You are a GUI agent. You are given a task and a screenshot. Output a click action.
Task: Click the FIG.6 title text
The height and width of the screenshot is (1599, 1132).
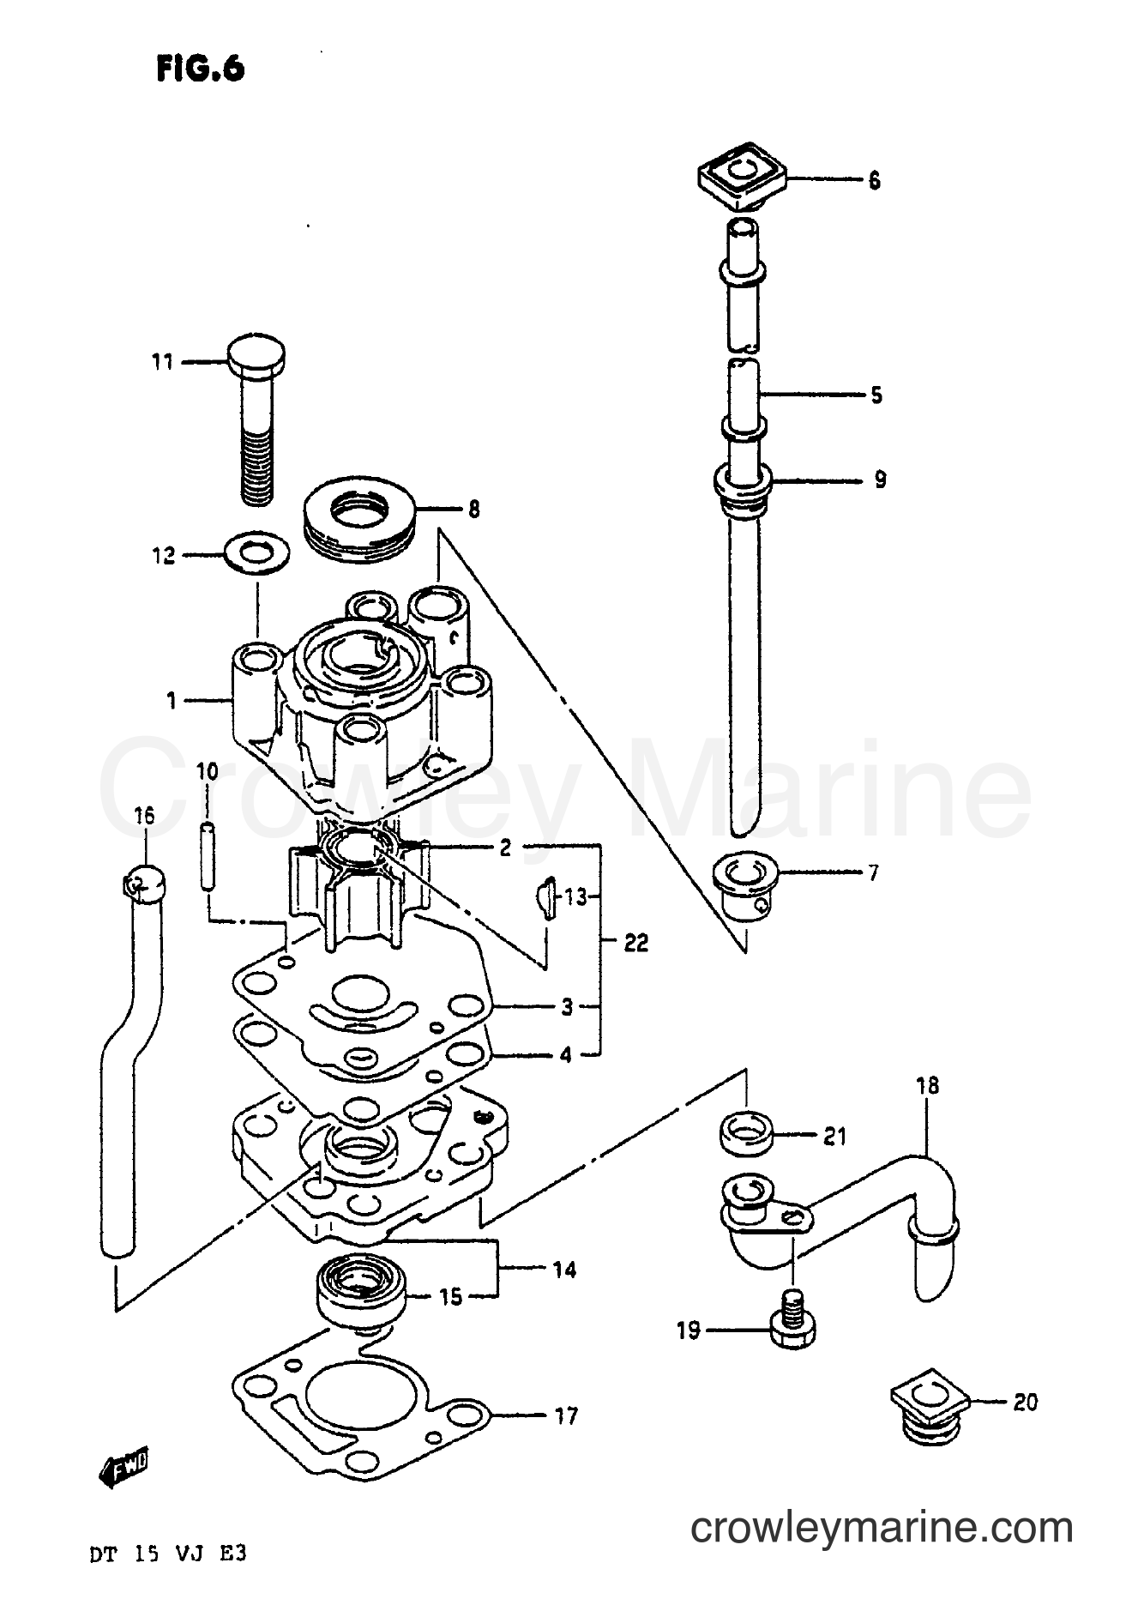[201, 69]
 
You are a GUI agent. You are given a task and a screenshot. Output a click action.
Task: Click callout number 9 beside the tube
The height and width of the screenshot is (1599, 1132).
[879, 479]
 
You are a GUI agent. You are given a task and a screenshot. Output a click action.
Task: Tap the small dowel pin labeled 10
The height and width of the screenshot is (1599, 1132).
[208, 857]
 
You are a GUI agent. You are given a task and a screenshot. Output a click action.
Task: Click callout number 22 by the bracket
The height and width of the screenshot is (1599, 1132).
[635, 944]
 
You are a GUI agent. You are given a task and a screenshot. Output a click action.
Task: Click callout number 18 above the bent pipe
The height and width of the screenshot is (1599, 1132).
[927, 1086]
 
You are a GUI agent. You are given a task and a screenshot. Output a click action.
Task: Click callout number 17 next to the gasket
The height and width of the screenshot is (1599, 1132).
[566, 1416]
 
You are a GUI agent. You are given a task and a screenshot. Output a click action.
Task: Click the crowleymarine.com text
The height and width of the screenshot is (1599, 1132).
[882, 1528]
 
